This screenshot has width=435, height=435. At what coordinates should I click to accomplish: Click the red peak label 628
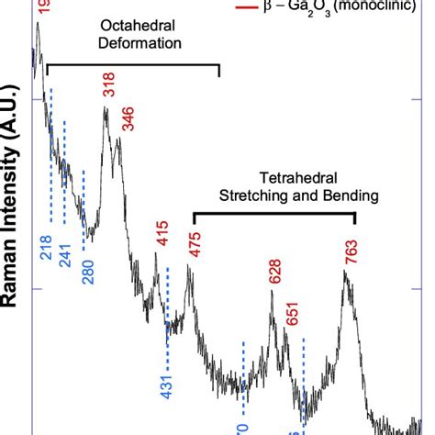point(273,273)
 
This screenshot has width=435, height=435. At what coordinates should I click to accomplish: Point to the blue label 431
point(167,385)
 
